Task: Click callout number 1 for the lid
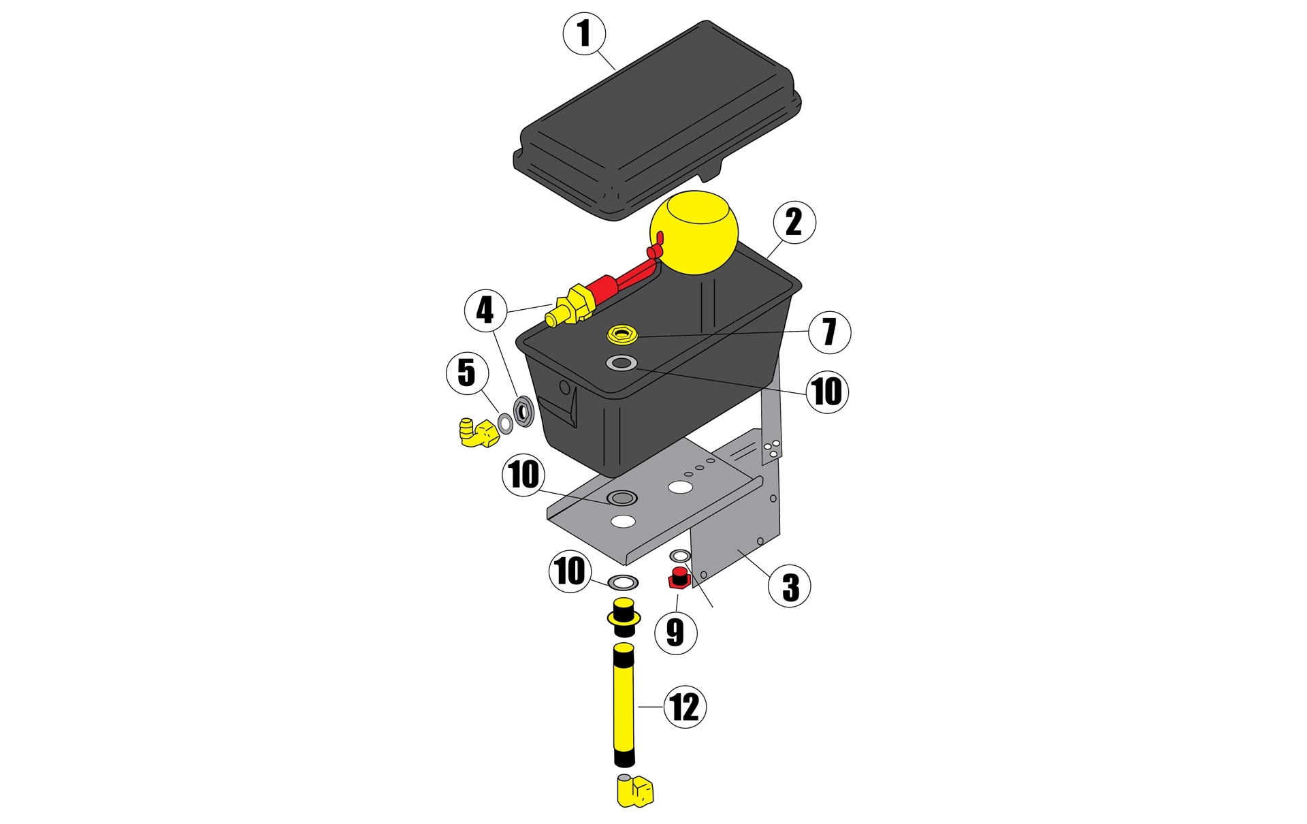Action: point(584,33)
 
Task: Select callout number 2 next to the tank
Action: point(794,222)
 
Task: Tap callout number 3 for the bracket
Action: point(790,586)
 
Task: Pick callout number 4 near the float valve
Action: point(485,311)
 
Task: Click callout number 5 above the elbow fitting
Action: point(467,373)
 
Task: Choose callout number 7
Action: point(830,332)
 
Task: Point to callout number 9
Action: point(675,633)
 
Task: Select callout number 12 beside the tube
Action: point(685,707)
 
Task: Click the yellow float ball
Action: point(694,232)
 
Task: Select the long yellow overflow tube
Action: point(624,708)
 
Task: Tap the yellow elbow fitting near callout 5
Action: point(478,433)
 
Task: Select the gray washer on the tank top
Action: point(622,363)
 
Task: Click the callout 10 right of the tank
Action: point(827,392)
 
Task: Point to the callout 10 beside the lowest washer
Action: point(570,571)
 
